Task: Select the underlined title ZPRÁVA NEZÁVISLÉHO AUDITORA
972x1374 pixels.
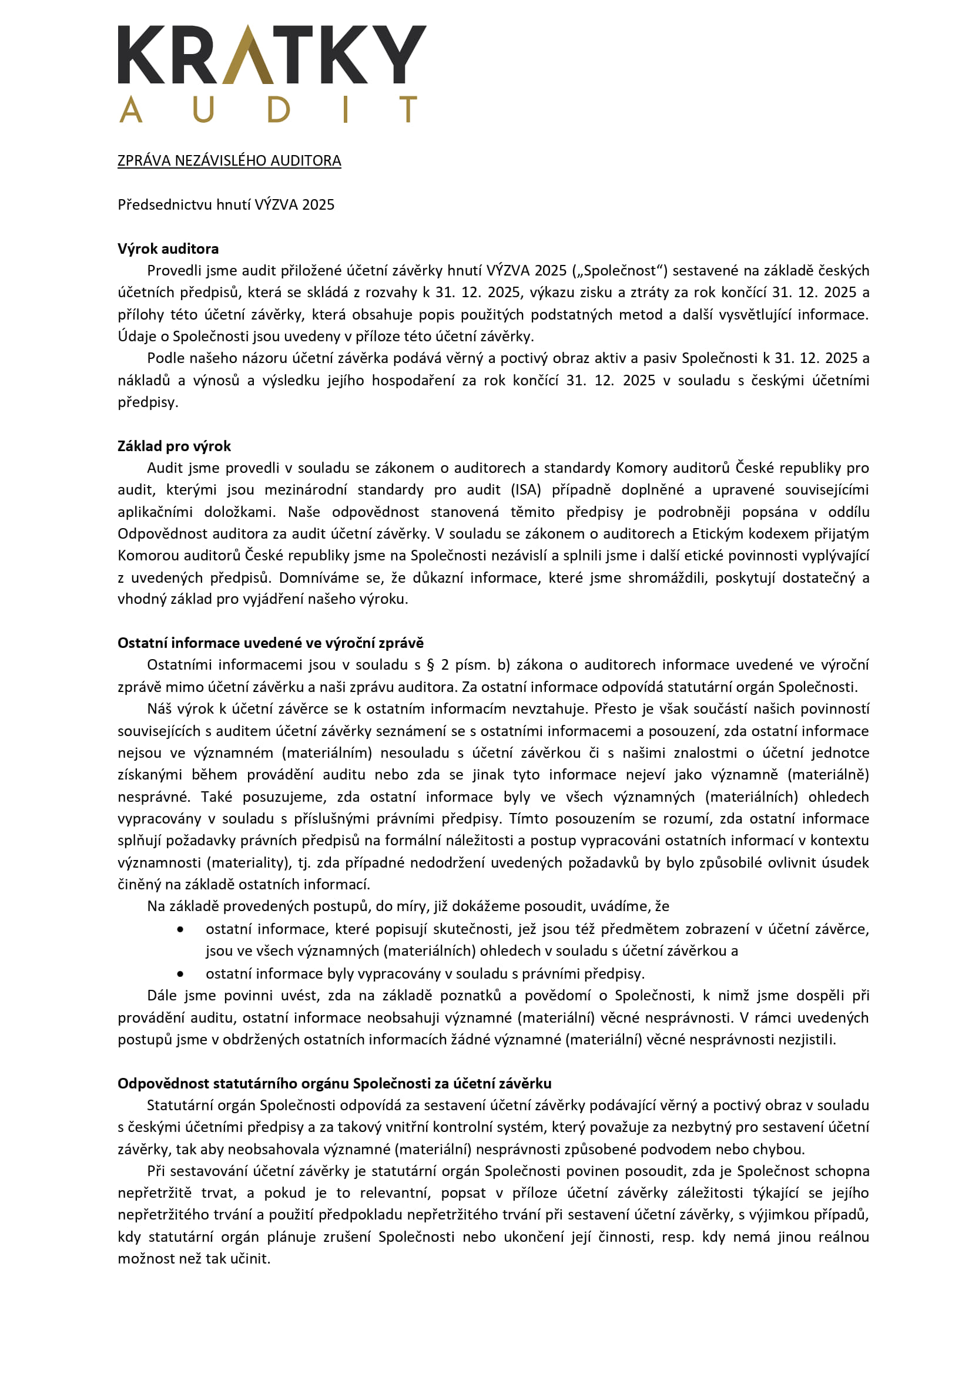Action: click(229, 160)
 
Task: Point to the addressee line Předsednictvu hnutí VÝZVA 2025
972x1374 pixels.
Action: click(226, 204)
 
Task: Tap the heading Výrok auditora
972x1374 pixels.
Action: click(167, 248)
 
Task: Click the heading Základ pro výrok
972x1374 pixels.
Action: click(173, 446)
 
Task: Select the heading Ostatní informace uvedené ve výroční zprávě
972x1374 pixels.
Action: click(270, 643)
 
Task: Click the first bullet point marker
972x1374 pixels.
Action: click(180, 929)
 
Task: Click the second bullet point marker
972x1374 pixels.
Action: click(180, 973)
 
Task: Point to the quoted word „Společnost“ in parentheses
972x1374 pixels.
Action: click(619, 270)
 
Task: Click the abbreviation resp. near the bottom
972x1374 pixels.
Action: click(678, 1237)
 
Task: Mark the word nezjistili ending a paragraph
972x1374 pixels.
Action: click(806, 1040)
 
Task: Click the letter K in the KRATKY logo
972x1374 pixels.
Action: click(141, 55)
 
